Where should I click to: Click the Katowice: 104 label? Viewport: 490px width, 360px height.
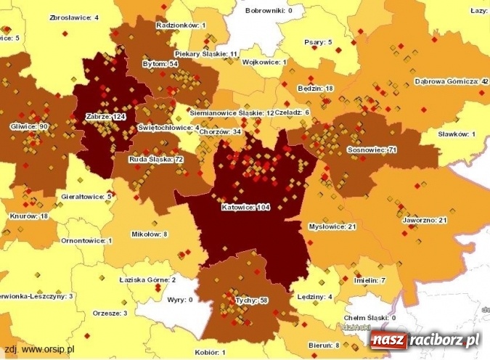tap(245, 208)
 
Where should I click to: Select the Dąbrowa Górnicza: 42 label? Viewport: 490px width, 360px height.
tap(451, 81)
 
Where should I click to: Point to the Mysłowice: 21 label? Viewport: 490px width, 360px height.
tap(332, 226)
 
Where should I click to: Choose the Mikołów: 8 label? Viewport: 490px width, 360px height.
tap(150, 234)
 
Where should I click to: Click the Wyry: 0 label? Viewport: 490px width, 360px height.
tap(180, 298)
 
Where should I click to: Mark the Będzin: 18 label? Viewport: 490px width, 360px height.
tap(315, 88)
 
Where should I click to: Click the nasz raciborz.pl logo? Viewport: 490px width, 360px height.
tap(425, 340)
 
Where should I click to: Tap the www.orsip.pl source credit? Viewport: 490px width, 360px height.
tap(43, 348)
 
